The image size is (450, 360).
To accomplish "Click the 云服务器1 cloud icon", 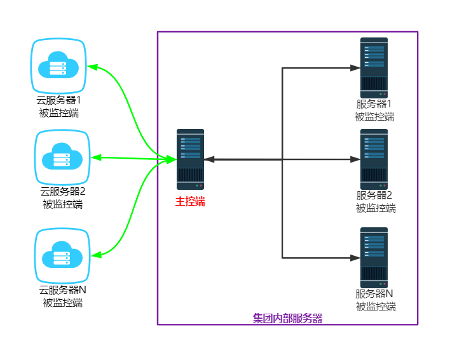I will pyautogui.click(x=58, y=65).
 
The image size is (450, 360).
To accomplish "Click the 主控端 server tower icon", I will pyautogui.click(x=190, y=159).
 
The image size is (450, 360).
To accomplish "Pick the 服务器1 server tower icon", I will pyautogui.click(x=374, y=67).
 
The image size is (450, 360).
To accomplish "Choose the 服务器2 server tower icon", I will pyautogui.click(x=374, y=159).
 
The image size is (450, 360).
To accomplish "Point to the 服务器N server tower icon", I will pyautogui.click(x=374, y=257).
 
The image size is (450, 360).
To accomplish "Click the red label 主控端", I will pyautogui.click(x=190, y=202).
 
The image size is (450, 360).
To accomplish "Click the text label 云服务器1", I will pyautogui.click(x=58, y=100).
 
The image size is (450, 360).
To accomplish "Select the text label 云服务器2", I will pyautogui.click(x=62, y=192).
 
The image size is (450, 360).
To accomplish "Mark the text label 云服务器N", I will pyautogui.click(x=62, y=291).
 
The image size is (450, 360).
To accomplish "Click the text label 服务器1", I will pyautogui.click(x=374, y=105).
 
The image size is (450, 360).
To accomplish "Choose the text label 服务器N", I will pyautogui.click(x=374, y=294).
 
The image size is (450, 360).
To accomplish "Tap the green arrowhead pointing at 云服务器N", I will pyautogui.click(x=97, y=254).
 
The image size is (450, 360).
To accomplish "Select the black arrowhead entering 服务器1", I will pyautogui.click(x=355, y=67).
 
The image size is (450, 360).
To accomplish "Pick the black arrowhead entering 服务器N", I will pyautogui.click(x=355, y=258).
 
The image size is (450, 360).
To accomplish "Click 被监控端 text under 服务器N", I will pyautogui.click(x=375, y=307).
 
